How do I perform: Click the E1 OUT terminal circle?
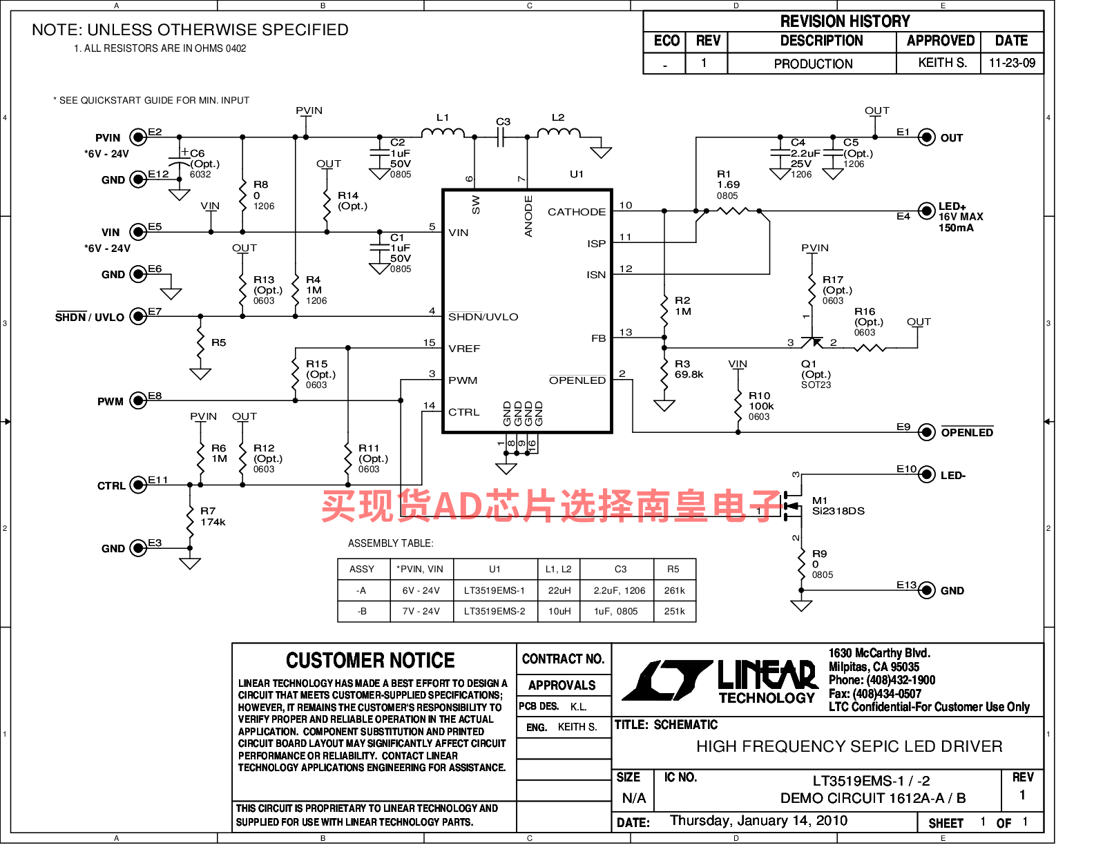(925, 137)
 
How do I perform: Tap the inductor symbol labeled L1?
(443, 133)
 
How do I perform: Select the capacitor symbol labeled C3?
(500, 137)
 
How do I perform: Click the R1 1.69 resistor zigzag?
(733, 211)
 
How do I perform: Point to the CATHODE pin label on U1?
(577, 212)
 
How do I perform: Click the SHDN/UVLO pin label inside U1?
(483, 317)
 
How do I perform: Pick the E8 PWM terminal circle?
(138, 400)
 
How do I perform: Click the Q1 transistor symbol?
(812, 342)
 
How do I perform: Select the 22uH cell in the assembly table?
(559, 590)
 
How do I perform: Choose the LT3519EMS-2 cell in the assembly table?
(495, 611)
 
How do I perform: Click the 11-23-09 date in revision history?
(1012, 63)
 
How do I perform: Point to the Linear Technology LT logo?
(668, 681)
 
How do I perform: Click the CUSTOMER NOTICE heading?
(370, 660)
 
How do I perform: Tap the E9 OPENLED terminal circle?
(925, 431)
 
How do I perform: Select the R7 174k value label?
(213, 522)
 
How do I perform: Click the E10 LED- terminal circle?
(925, 474)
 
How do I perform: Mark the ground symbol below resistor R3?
(664, 405)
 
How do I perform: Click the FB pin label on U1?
(598, 338)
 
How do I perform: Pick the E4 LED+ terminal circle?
(925, 211)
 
